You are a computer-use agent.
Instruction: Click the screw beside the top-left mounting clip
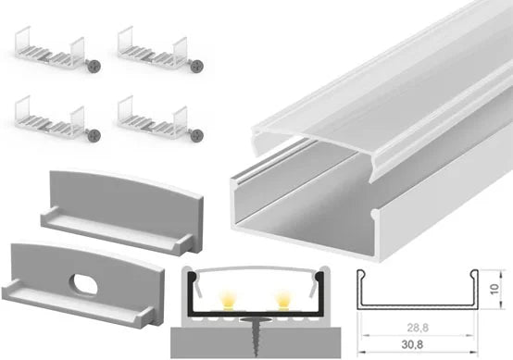point(94,67)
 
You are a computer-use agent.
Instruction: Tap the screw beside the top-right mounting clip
point(197,67)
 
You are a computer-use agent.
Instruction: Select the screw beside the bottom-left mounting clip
point(94,135)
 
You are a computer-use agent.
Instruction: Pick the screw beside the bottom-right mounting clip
point(197,135)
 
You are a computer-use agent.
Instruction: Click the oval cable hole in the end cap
point(83,284)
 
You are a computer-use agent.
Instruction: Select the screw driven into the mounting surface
point(255,336)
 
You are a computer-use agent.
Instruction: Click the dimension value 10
point(494,289)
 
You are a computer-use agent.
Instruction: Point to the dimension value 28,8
point(418,328)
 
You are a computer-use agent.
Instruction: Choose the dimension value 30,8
point(412,344)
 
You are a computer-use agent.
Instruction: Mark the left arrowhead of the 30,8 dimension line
point(361,353)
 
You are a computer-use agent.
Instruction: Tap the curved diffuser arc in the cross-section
point(256,268)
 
